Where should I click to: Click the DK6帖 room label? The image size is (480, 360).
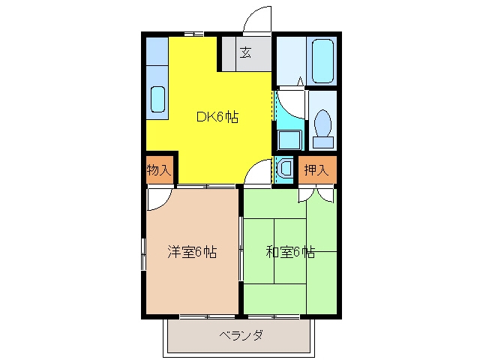click(217, 117)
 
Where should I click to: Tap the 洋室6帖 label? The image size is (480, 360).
click(192, 252)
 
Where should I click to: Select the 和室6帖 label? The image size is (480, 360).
click(290, 252)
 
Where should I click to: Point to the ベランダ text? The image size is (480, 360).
click(241, 335)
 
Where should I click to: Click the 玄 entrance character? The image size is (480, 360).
click(246, 52)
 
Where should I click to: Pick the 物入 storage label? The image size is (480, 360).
click(158, 169)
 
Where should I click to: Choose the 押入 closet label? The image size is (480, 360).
click(316, 169)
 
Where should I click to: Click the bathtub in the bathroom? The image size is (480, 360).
click(322, 61)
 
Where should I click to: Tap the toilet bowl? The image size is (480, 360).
click(322, 123)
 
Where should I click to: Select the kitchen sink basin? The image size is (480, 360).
click(158, 99)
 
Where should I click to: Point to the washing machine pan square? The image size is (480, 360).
click(290, 140)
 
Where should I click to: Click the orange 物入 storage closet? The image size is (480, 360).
click(158, 169)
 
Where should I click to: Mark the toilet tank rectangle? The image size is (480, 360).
click(323, 142)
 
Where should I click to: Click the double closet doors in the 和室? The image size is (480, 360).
click(316, 195)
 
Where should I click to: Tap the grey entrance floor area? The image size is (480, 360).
click(247, 54)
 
